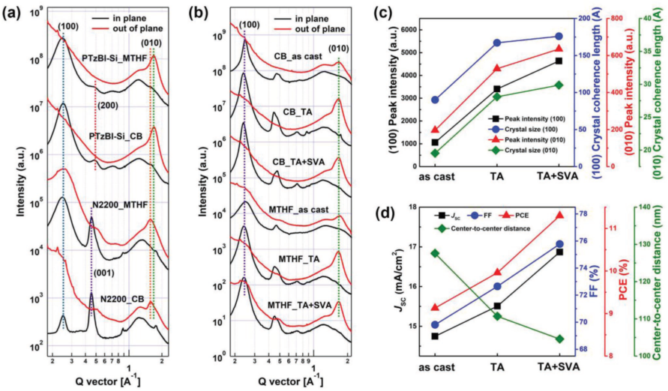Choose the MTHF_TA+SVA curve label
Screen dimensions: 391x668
tap(300, 305)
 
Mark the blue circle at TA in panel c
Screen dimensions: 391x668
tap(497, 43)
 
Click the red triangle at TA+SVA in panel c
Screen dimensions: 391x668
tap(559, 49)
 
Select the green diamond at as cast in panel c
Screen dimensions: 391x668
tap(435, 153)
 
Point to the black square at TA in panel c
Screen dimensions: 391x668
tap(497, 88)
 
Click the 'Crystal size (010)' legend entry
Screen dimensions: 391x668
tap(533, 151)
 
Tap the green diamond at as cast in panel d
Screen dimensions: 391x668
tap(435, 253)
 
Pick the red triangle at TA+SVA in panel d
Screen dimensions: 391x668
tap(559, 216)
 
